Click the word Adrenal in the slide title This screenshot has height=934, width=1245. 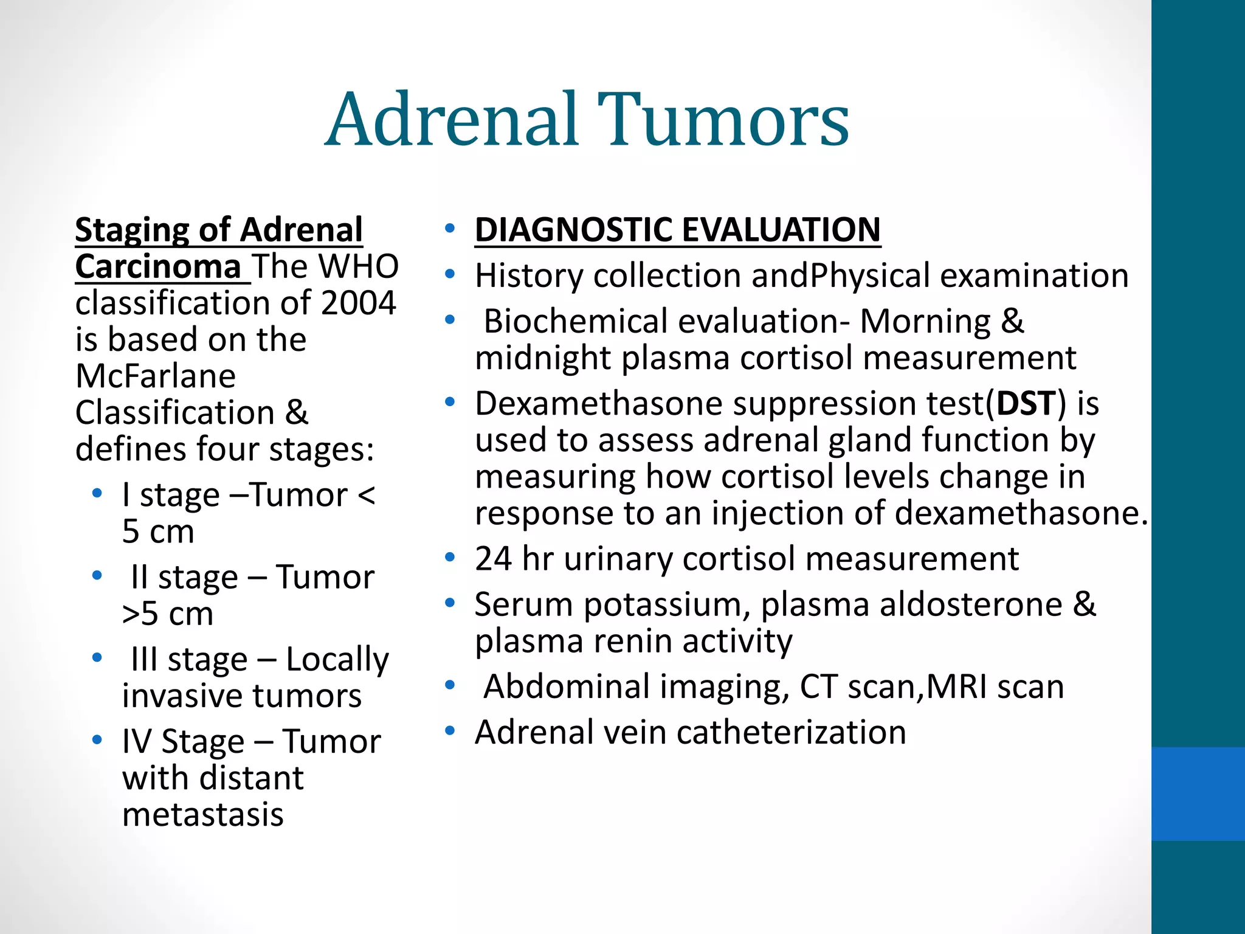coord(453,120)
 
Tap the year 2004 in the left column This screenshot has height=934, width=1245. coord(358,303)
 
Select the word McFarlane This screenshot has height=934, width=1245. coord(156,376)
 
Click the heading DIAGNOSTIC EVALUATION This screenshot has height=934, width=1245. coord(677,230)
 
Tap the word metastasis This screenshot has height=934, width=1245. coord(202,814)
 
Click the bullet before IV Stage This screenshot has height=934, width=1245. coord(97,740)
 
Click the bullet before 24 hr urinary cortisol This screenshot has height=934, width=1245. coord(449,557)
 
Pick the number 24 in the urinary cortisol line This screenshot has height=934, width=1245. coord(493,559)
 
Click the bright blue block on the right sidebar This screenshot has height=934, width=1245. coord(1198,794)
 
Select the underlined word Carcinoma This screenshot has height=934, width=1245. coord(158,267)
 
